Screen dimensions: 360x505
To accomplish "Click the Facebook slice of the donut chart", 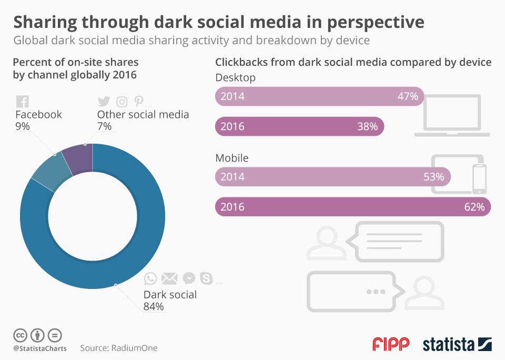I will pyautogui.click(x=52, y=165).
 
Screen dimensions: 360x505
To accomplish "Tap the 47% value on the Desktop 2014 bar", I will pyautogui.click(x=408, y=96).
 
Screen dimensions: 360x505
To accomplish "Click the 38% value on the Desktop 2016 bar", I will pyautogui.click(x=367, y=126).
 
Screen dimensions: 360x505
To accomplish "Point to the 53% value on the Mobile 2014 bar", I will pyautogui.click(x=433, y=177).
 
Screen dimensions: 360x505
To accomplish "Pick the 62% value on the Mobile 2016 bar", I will pyautogui.click(x=474, y=207).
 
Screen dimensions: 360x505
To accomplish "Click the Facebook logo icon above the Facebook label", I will pyautogui.click(x=23, y=102).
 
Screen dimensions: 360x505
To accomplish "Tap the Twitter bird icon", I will pyautogui.click(x=104, y=102).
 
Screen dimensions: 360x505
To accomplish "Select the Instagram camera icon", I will pyautogui.click(x=122, y=102).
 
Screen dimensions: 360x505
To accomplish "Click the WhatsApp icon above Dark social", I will pyautogui.click(x=150, y=278).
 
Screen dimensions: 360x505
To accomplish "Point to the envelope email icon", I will pyautogui.click(x=169, y=278).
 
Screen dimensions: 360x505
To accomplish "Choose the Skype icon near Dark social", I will pyautogui.click(x=206, y=278).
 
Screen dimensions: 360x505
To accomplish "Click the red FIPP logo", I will pyautogui.click(x=391, y=344).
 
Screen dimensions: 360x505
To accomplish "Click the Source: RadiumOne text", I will pyautogui.click(x=119, y=348).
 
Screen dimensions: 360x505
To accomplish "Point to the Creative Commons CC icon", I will pyautogui.click(x=20, y=335).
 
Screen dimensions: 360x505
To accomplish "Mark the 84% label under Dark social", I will pyautogui.click(x=154, y=306).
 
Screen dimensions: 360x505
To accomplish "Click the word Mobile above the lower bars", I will pyautogui.click(x=232, y=158).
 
